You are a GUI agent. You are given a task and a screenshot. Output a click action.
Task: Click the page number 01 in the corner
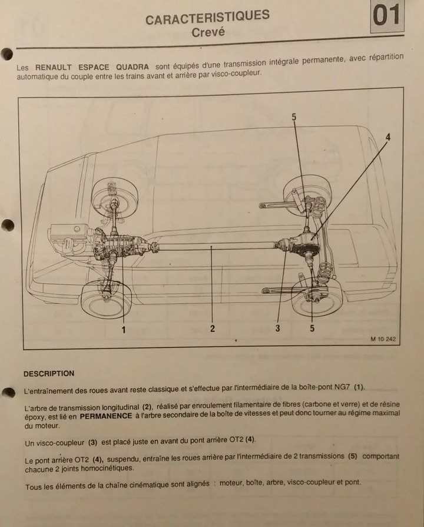coord(386,15)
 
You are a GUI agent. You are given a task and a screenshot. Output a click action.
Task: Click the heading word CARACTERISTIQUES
coord(207,17)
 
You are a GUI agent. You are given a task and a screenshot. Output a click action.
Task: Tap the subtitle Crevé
coord(208,32)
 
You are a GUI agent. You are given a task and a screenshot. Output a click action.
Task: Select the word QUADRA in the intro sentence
coord(132,67)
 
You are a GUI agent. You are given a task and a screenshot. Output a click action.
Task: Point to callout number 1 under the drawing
coord(124,330)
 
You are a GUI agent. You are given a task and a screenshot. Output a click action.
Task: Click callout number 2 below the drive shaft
coord(213,329)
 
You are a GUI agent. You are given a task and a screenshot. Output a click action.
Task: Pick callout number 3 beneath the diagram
coord(277,328)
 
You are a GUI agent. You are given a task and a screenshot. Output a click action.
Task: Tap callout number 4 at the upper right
coord(388,137)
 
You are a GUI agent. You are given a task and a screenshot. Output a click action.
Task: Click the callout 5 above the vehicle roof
coord(294,117)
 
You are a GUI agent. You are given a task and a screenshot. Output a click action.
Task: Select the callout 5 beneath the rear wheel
coord(312,328)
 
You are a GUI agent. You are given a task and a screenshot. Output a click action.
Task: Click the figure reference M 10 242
coord(383,339)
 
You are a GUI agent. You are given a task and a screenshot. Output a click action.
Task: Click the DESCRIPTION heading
coord(49,373)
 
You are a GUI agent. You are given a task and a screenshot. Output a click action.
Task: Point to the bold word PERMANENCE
coord(106,416)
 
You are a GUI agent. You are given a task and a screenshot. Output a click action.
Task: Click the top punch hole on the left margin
coord(6,54)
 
